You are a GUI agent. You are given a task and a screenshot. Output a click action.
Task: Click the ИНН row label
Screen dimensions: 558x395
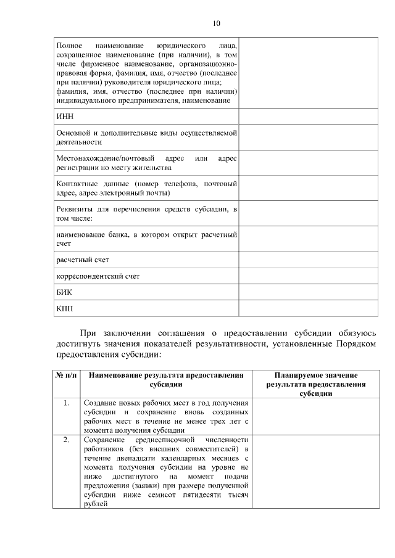(x=64, y=117)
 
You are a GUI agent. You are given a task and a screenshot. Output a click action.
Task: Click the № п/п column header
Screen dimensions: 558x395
(x=66, y=375)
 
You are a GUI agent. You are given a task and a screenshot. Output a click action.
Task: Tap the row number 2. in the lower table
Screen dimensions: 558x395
(x=66, y=440)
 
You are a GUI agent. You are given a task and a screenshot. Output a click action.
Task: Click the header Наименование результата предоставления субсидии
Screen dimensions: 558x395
(x=165, y=379)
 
